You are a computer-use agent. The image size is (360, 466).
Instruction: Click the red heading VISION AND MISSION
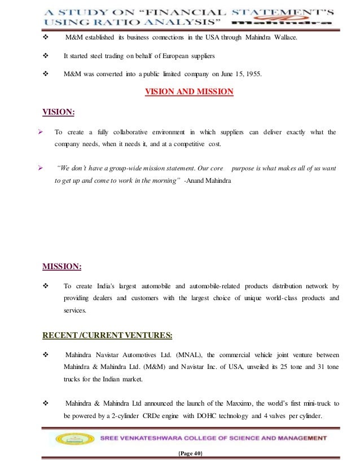coord(189,91)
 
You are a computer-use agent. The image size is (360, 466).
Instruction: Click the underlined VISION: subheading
coord(59,112)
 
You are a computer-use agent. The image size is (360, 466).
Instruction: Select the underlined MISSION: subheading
coord(62,265)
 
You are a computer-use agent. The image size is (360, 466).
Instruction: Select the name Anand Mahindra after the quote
coord(207,181)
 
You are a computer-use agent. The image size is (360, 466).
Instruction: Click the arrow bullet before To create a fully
coord(41,133)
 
